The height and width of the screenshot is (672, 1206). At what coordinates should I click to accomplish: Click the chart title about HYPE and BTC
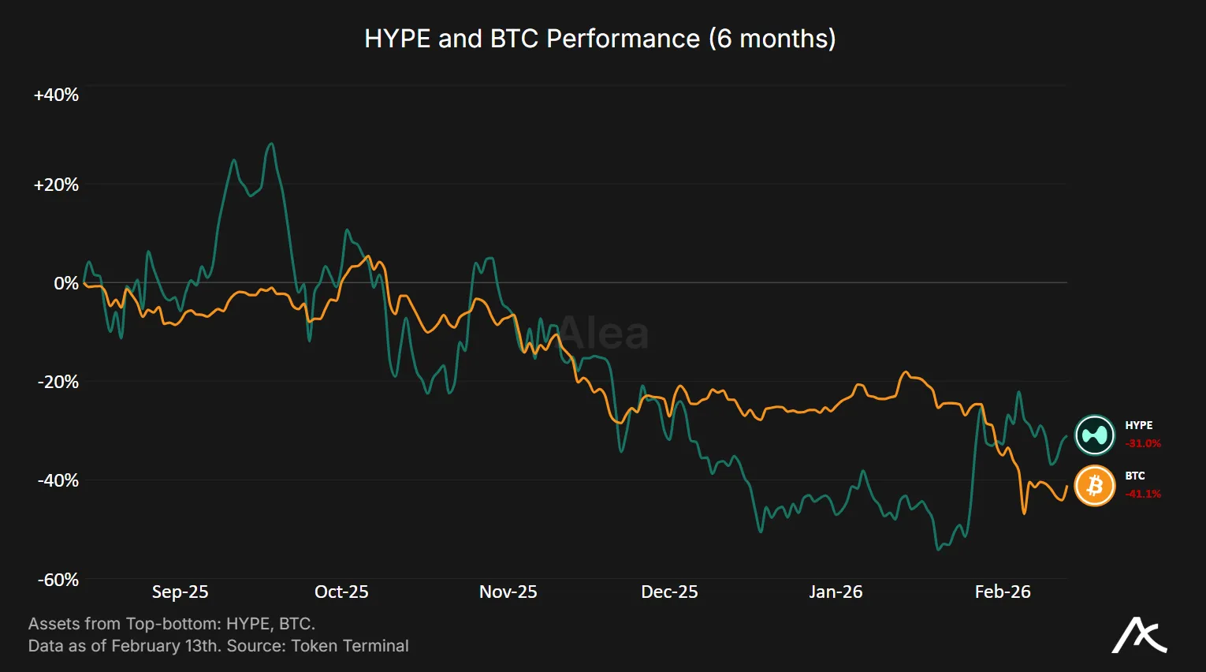[600, 39]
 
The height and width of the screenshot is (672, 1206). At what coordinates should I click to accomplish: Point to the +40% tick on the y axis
[56, 95]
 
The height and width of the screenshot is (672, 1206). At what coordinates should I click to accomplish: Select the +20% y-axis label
[56, 185]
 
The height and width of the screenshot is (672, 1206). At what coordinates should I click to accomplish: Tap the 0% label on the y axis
[66, 283]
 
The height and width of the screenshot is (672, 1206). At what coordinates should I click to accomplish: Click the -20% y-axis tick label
[58, 382]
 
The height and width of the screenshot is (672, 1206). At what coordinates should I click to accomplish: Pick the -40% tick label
[58, 480]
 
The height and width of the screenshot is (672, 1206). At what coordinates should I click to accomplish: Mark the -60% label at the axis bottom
[58, 580]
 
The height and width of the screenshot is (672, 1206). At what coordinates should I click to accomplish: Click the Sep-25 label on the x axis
[180, 592]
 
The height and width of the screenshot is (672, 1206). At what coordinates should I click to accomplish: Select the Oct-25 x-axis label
[341, 592]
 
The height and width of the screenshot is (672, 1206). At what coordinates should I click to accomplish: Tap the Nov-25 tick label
[508, 592]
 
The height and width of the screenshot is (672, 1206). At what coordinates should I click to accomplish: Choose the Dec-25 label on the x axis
[669, 592]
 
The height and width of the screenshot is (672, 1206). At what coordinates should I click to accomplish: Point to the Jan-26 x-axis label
[836, 592]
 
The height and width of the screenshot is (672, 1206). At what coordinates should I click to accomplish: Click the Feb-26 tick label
[1002, 592]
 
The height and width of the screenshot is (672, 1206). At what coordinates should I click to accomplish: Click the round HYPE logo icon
[1095, 435]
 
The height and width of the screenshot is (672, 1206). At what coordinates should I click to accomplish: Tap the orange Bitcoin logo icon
[1095, 486]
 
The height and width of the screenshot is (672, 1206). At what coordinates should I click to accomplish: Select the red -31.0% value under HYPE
[1143, 443]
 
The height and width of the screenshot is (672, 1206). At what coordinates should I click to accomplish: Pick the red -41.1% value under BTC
[1143, 494]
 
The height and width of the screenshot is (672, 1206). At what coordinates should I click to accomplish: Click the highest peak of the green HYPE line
[271, 144]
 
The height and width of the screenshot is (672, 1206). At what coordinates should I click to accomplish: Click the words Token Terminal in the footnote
[350, 646]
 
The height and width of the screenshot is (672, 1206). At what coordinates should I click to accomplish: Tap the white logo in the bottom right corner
[1139, 635]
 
